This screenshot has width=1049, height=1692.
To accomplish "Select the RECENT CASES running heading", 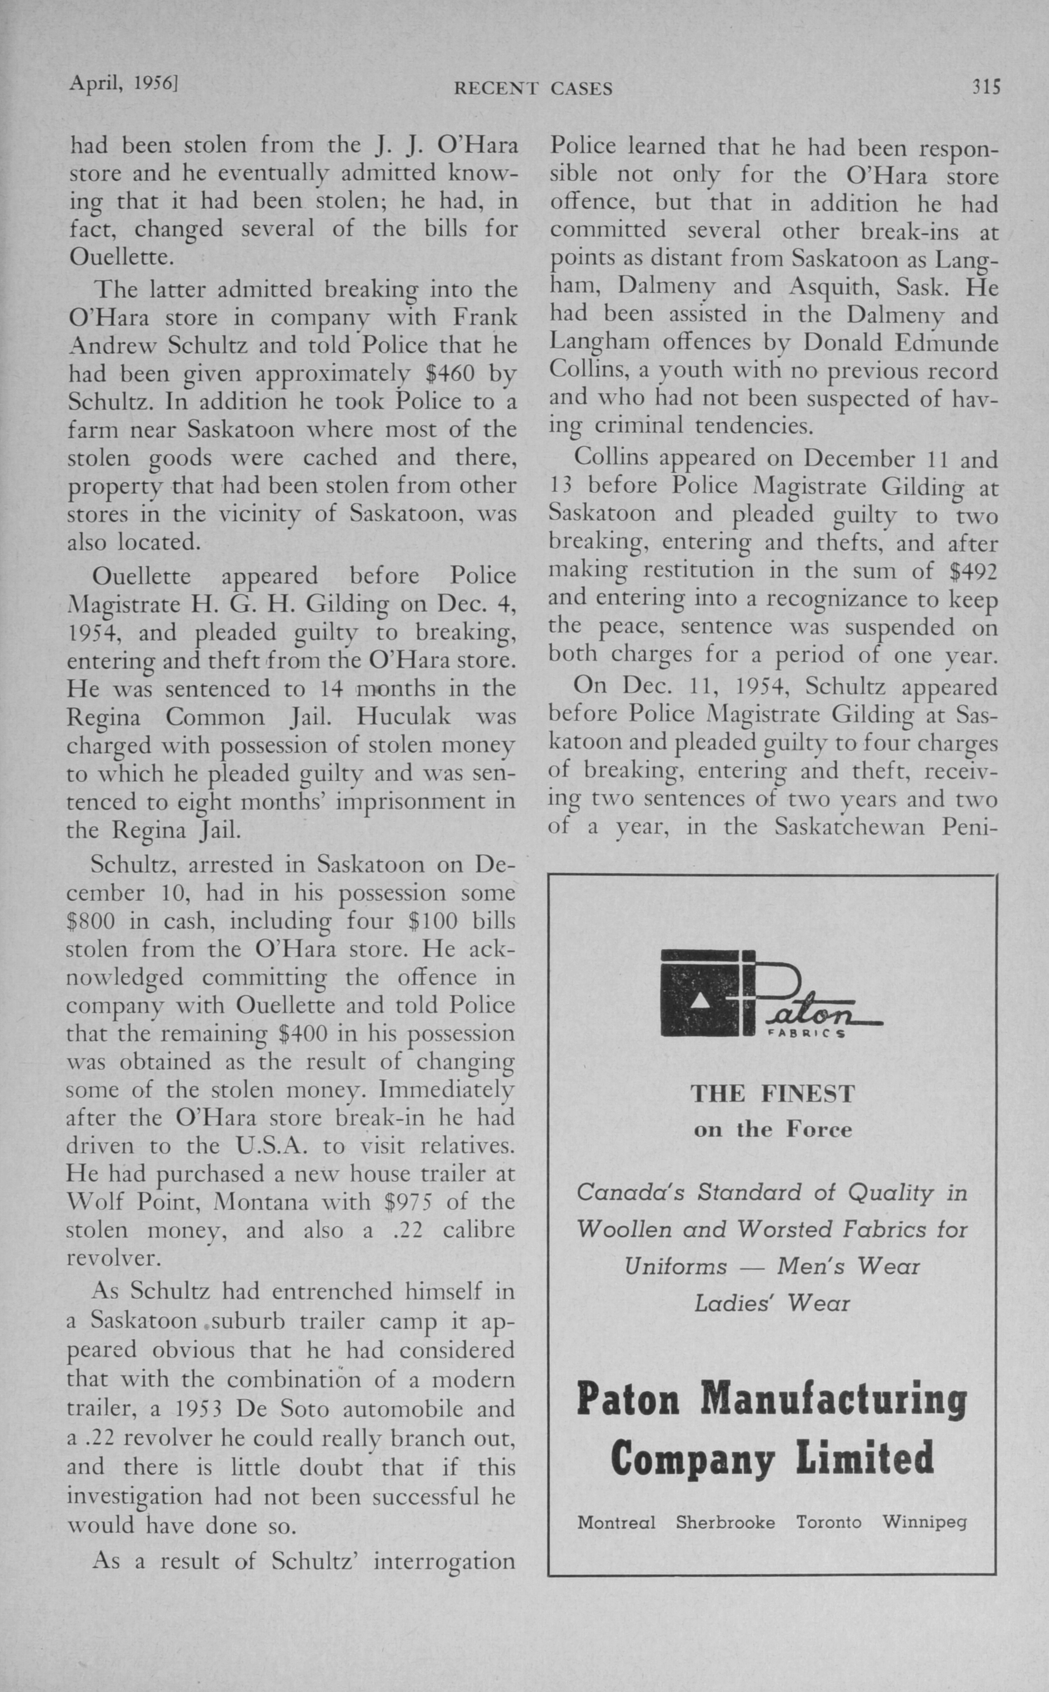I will point(533,88).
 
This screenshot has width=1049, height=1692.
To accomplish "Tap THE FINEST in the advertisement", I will point(772,1094).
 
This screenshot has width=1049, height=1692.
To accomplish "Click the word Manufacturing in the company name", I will point(832,1400).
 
